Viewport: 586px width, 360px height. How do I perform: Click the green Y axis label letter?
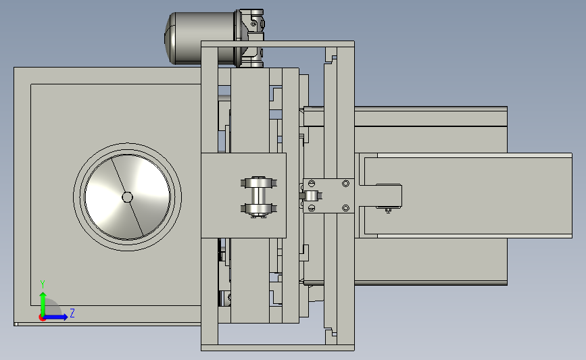(43, 284)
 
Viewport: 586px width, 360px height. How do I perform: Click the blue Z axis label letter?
(72, 313)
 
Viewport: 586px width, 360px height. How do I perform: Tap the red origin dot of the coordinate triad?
(42, 318)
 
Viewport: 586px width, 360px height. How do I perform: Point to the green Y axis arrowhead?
(43, 297)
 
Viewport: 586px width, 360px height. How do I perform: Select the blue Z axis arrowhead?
(64, 317)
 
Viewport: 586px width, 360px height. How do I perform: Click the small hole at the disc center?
(128, 197)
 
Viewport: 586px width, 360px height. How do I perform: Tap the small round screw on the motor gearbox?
(253, 24)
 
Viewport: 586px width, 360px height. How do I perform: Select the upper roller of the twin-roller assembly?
(259, 183)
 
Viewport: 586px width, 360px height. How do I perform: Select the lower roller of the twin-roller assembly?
(259, 209)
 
